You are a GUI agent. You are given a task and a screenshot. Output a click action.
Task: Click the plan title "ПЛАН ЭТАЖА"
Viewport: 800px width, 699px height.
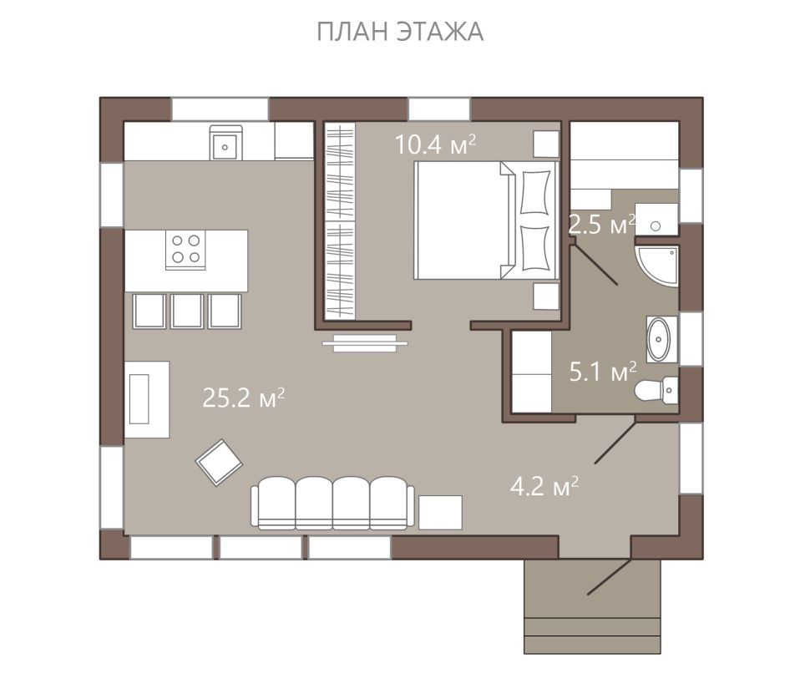[x=400, y=32]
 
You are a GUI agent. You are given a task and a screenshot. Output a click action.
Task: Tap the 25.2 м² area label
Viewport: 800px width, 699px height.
[x=243, y=398]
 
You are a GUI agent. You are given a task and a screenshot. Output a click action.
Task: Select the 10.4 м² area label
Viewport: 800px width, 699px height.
[x=436, y=144]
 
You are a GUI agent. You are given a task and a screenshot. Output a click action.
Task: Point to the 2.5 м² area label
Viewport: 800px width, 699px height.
[x=602, y=225]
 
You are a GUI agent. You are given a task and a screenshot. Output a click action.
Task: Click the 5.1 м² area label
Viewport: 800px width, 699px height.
[x=603, y=372]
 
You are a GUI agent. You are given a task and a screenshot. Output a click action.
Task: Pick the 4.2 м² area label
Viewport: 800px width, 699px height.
[x=544, y=486]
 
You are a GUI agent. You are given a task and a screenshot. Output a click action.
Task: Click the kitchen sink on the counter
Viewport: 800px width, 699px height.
[x=225, y=143]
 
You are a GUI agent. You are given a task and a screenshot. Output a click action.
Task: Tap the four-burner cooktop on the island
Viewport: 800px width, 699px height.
[x=185, y=250]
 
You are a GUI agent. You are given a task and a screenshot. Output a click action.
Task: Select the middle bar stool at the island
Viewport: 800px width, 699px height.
[x=187, y=311]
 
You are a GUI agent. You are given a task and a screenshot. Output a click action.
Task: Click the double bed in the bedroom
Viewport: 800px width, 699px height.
[x=486, y=220]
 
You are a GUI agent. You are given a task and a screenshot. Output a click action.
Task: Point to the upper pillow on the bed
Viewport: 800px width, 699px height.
[x=534, y=192]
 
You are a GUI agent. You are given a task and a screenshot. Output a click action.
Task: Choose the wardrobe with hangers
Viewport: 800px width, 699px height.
[x=340, y=221]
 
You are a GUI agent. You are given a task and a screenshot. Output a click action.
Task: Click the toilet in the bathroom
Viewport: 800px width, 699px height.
[x=656, y=391]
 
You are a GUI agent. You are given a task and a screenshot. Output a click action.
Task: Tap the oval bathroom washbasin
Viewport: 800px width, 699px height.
[x=659, y=339]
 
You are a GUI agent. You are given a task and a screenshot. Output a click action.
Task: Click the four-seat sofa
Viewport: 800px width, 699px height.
[x=332, y=503]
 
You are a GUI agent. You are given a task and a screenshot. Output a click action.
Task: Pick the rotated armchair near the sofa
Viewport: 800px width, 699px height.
[x=219, y=463]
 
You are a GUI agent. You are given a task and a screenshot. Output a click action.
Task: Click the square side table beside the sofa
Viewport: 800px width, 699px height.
[x=440, y=512]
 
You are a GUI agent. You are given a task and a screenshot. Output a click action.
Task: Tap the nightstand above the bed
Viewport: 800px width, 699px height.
[x=546, y=144]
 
